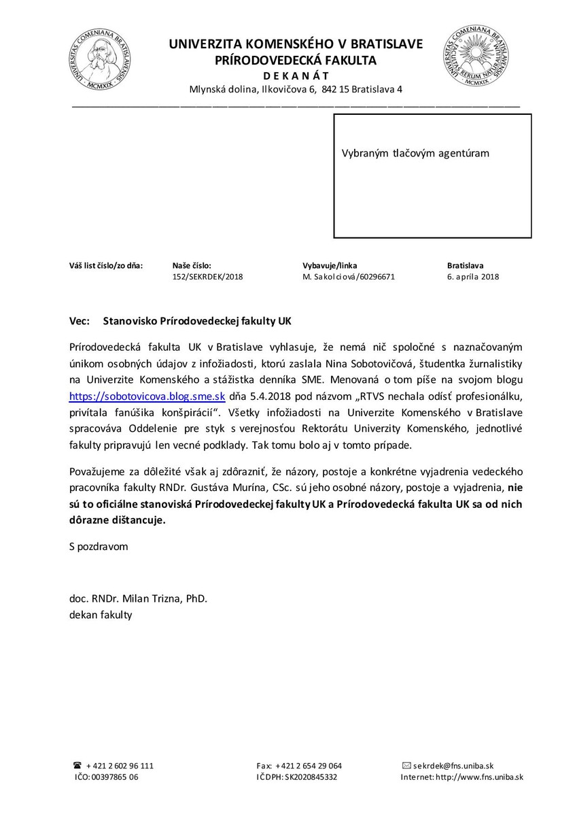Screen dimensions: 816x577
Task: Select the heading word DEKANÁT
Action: click(x=296, y=75)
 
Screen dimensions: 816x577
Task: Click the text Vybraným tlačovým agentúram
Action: click(x=415, y=154)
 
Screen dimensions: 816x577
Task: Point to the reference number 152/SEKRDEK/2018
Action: click(x=207, y=277)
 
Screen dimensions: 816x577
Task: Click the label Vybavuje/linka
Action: click(x=330, y=265)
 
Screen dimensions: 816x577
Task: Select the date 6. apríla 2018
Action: click(x=473, y=277)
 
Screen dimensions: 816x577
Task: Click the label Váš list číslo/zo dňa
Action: click(x=106, y=265)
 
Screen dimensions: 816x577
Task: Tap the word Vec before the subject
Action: click(x=80, y=318)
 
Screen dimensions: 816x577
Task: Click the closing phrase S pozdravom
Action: click(x=98, y=546)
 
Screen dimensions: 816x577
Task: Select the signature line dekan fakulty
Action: click(x=101, y=615)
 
